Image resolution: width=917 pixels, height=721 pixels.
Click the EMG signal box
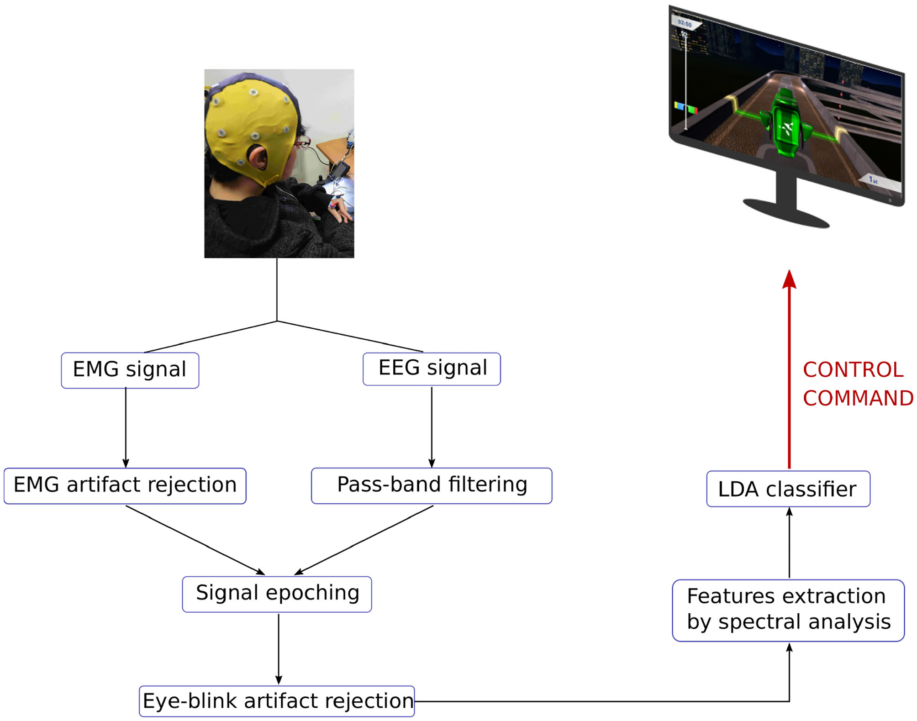point(130,370)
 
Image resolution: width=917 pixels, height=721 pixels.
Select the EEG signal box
point(432,368)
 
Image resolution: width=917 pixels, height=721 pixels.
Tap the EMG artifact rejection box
point(125,485)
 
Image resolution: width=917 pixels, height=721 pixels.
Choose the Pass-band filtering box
point(432,485)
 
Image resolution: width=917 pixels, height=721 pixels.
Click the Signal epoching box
point(277,594)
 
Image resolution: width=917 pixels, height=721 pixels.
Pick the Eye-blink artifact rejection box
point(277,701)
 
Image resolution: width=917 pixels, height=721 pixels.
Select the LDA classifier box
point(788,489)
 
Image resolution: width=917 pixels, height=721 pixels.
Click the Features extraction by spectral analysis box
point(788,610)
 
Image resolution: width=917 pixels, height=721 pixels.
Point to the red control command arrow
point(789,374)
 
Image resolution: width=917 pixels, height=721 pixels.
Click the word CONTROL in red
point(853,370)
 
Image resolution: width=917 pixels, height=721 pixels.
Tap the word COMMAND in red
point(858,398)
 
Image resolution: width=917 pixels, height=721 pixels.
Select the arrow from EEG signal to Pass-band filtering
point(432,427)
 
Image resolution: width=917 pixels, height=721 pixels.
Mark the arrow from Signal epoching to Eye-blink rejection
point(279,648)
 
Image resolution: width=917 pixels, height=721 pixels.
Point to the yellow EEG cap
point(247,119)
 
